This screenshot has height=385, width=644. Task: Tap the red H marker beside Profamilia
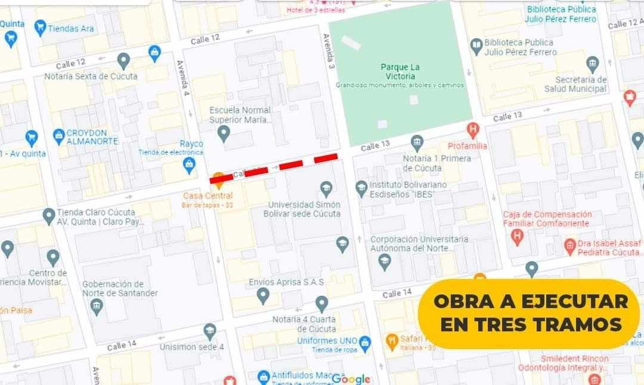[x=473, y=129]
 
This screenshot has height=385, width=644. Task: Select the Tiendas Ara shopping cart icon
[x=40, y=27]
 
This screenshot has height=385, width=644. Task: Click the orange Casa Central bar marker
[x=219, y=178]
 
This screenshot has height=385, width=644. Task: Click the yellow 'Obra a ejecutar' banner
[x=530, y=313]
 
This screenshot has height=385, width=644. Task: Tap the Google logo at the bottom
[x=351, y=379]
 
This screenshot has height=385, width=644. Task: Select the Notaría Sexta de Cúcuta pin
[x=123, y=60]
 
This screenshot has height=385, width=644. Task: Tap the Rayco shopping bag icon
[x=190, y=164]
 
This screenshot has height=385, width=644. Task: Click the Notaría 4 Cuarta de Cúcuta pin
[x=321, y=303]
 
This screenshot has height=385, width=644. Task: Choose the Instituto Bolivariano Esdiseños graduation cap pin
[x=361, y=188]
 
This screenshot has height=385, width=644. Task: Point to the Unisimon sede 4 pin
[x=209, y=331]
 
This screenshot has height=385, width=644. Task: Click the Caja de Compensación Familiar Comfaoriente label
[x=547, y=219]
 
